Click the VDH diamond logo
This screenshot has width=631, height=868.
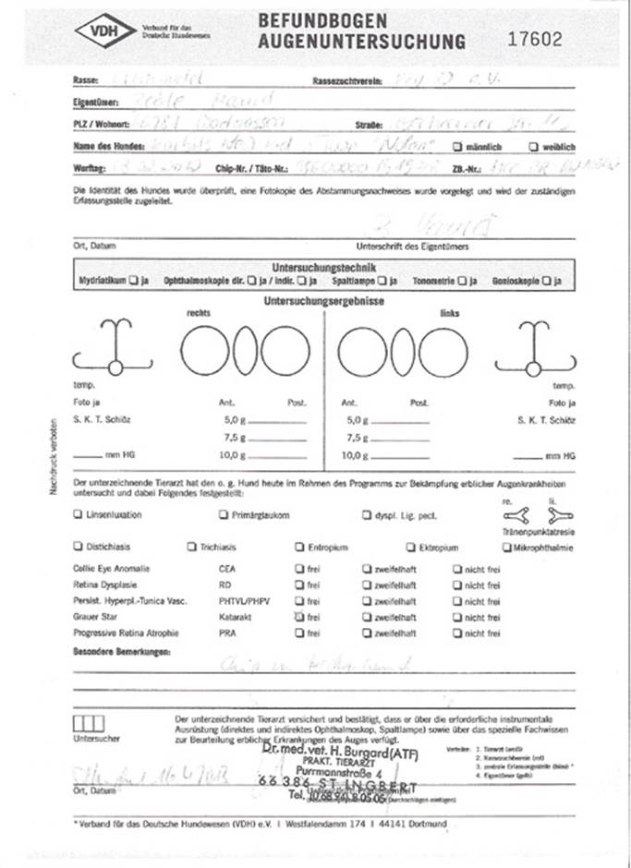(x=97, y=31)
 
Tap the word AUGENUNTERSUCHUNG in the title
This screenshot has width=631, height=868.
(x=361, y=42)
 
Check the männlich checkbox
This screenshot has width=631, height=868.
(x=457, y=147)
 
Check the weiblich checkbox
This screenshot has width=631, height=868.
(x=533, y=147)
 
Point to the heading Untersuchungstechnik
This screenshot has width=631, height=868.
(x=322, y=266)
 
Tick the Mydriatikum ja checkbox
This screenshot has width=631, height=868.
(x=135, y=280)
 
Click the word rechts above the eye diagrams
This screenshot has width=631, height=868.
(x=199, y=313)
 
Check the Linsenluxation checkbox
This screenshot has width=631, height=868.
(x=77, y=515)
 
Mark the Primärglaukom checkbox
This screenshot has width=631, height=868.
(x=224, y=515)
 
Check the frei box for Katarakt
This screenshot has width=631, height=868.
(x=298, y=617)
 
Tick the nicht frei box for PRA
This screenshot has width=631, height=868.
(x=456, y=633)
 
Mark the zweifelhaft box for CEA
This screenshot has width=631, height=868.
(x=367, y=569)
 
